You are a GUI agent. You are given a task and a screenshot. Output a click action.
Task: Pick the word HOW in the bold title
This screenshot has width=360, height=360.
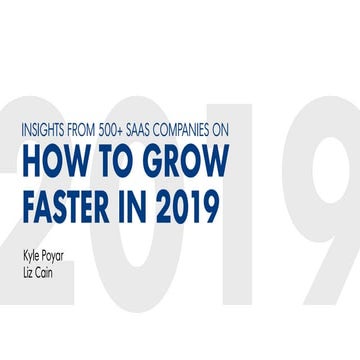click(x=51, y=161)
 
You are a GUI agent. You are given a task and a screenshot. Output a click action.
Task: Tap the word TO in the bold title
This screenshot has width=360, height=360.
click(x=113, y=161)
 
